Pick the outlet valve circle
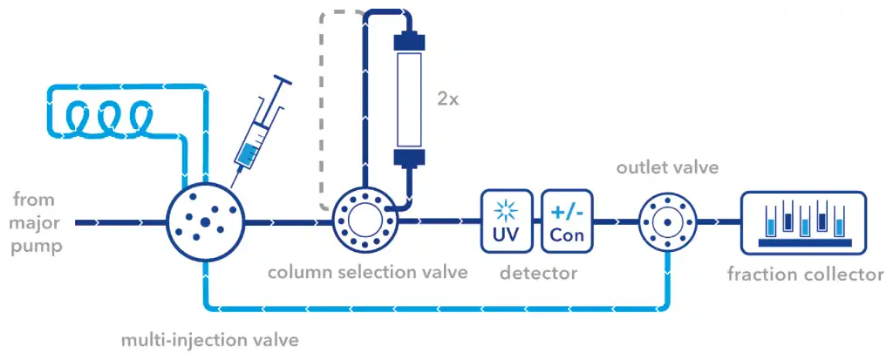pos(667,222)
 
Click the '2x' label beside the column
pos(448,98)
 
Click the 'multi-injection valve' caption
pos(208,339)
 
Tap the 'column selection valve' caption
pos(367,272)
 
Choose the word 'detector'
pos(538,273)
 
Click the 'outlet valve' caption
pos(667,166)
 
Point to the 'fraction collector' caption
pos(805,275)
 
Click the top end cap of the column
pos(409,42)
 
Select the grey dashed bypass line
pos(324,105)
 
